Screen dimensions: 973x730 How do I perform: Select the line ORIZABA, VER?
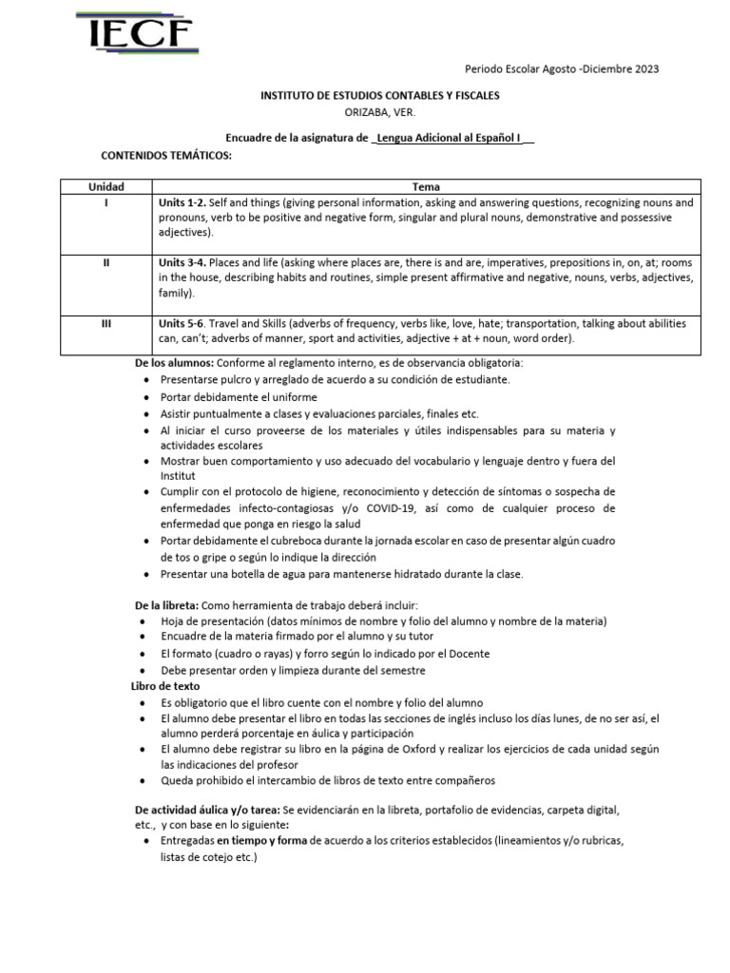tap(379, 112)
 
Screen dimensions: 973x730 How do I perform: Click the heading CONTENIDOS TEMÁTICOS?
tap(166, 155)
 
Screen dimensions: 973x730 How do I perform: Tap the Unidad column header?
tap(106, 187)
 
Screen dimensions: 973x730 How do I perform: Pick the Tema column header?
tap(426, 187)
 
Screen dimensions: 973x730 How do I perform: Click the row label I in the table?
tap(106, 203)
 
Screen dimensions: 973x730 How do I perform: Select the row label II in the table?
tap(106, 262)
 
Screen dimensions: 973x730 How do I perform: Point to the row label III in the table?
tap(106, 323)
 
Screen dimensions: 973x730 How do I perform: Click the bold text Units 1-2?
tap(182, 203)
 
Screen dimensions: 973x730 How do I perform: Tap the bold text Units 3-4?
tap(182, 262)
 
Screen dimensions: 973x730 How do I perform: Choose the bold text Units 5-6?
tap(182, 323)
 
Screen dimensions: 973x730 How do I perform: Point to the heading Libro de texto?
tap(165, 685)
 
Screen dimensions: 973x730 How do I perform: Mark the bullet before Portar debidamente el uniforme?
tap(144, 396)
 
